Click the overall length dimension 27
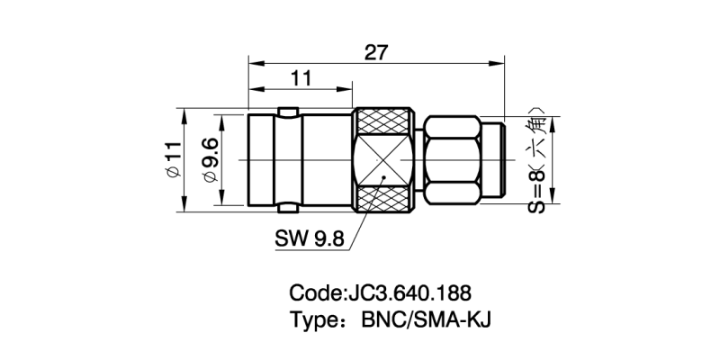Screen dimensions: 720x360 [376, 53]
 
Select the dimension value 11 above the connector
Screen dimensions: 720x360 [301, 78]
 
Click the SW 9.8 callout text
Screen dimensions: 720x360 [309, 238]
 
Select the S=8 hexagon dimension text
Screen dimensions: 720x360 [535, 160]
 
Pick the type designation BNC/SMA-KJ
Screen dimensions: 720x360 [426, 319]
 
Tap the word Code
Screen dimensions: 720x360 [316, 293]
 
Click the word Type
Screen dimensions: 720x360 [314, 320]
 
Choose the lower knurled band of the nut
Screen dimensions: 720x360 [384, 200]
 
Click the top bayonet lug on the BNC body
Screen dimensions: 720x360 [288, 112]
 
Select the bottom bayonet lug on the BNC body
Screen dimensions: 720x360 [288, 209]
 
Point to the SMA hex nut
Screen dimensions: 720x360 [452, 160]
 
